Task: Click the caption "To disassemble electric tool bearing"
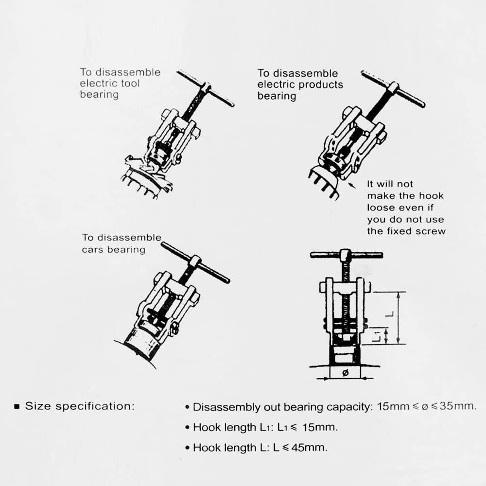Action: (120, 83)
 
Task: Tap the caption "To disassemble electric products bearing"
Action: (300, 85)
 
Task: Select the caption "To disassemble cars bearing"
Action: (121, 243)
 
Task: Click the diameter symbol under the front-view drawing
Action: (345, 373)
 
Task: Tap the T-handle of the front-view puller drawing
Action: (346, 255)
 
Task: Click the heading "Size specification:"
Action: (79, 406)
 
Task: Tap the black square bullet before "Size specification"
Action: (17, 406)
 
